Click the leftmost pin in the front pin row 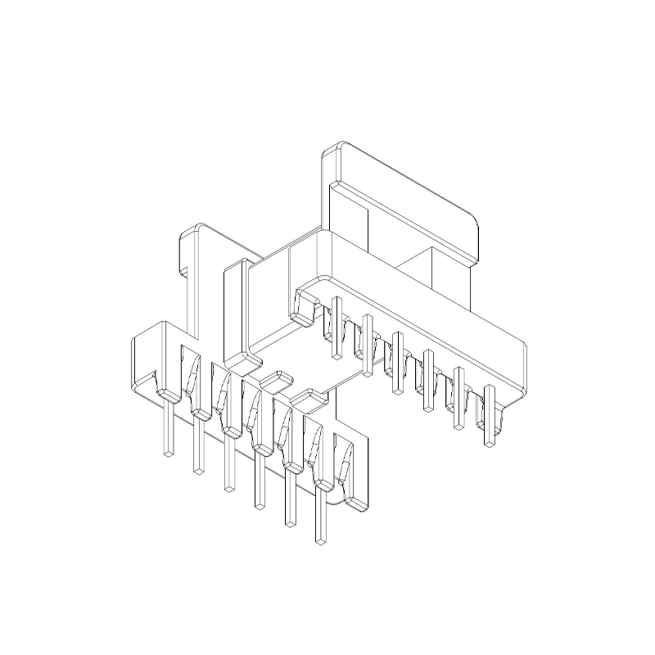(x=169, y=426)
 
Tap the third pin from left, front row (x=228, y=463)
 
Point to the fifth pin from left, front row (x=289, y=499)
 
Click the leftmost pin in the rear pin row (x=336, y=327)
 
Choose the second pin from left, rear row (x=367, y=345)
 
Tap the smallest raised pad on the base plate (x=276, y=379)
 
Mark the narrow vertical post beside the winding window (x=235, y=311)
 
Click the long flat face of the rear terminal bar (x=426, y=303)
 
